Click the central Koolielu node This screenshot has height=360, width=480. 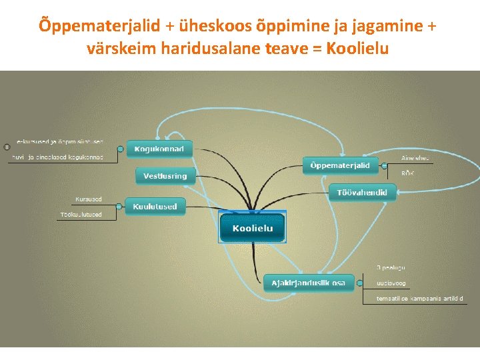[253, 229]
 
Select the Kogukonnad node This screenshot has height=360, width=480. [159, 149]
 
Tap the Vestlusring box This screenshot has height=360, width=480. [165, 176]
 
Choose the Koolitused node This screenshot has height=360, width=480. [155, 207]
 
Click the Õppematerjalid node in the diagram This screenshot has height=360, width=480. [341, 165]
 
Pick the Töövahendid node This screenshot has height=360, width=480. [362, 192]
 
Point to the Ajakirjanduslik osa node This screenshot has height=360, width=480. [308, 283]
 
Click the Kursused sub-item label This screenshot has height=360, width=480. [89, 199]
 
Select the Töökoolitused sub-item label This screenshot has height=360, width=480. [81, 215]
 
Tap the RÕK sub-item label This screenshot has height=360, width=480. [407, 173]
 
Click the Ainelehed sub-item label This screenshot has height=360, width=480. [415, 158]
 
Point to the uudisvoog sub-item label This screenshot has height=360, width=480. [391, 283]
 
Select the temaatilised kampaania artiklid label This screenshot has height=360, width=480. [419, 298]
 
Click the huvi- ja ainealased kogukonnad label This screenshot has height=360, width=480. [58, 157]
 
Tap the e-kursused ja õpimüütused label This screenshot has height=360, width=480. [60, 142]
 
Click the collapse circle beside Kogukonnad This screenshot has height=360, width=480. [121, 149]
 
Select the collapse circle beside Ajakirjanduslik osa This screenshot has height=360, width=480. [358, 283]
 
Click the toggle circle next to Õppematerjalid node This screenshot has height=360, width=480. [385, 165]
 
